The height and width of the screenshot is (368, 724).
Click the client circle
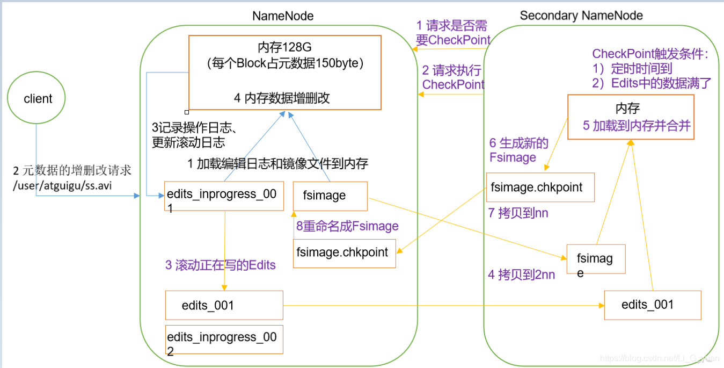(37, 99)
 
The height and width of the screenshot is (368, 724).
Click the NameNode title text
(283, 16)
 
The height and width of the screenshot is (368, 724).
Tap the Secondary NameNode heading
(581, 16)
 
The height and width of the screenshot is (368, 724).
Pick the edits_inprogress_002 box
(224, 339)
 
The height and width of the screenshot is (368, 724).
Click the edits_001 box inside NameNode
(224, 306)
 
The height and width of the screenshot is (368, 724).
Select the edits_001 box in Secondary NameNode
(652, 305)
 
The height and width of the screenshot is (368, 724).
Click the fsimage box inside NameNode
(330, 196)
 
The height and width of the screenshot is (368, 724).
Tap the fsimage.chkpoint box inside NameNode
(344, 253)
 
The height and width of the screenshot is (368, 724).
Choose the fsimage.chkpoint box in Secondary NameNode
(540, 187)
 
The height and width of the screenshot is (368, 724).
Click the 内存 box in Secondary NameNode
(631, 117)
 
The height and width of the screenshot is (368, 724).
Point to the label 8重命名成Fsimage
(347, 226)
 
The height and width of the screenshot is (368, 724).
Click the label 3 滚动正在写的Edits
(221, 265)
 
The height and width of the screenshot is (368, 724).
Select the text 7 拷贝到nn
(518, 213)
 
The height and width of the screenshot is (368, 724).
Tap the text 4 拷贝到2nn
(521, 275)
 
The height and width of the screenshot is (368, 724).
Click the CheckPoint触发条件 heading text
(650, 54)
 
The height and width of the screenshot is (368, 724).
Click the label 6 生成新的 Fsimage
(518, 150)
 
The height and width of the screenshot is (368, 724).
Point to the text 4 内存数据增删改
(282, 98)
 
